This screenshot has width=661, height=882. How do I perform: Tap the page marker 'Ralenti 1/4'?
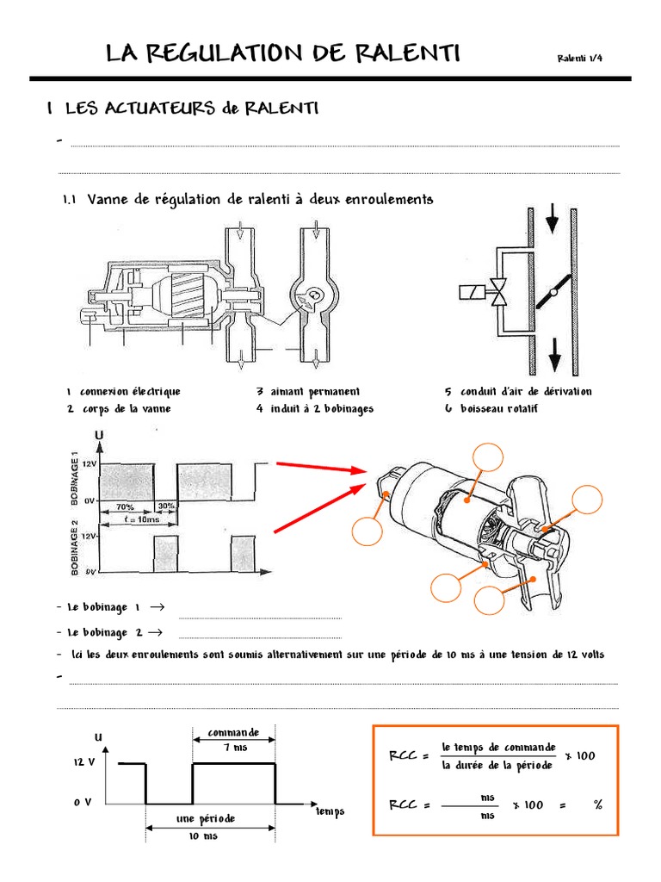click(x=584, y=58)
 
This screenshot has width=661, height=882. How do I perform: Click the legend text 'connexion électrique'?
click(x=130, y=391)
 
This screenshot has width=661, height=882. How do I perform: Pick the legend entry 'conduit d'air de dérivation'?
click(x=526, y=391)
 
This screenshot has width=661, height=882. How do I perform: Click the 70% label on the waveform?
click(x=125, y=506)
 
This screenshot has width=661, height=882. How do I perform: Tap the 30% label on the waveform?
click(x=165, y=506)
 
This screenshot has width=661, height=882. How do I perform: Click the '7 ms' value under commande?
click(x=234, y=748)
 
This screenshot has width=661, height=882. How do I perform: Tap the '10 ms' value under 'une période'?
click(x=206, y=835)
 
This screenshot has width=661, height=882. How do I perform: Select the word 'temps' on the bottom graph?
click(x=330, y=811)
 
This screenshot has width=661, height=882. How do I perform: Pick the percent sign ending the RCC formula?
click(x=596, y=804)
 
